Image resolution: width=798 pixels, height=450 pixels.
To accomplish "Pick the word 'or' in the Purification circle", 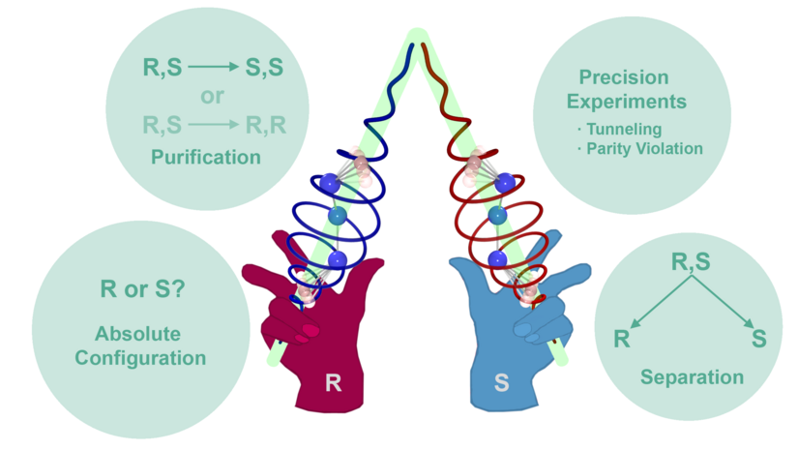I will (x=212, y=97).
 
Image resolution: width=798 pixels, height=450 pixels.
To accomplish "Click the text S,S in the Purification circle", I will (x=262, y=69).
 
